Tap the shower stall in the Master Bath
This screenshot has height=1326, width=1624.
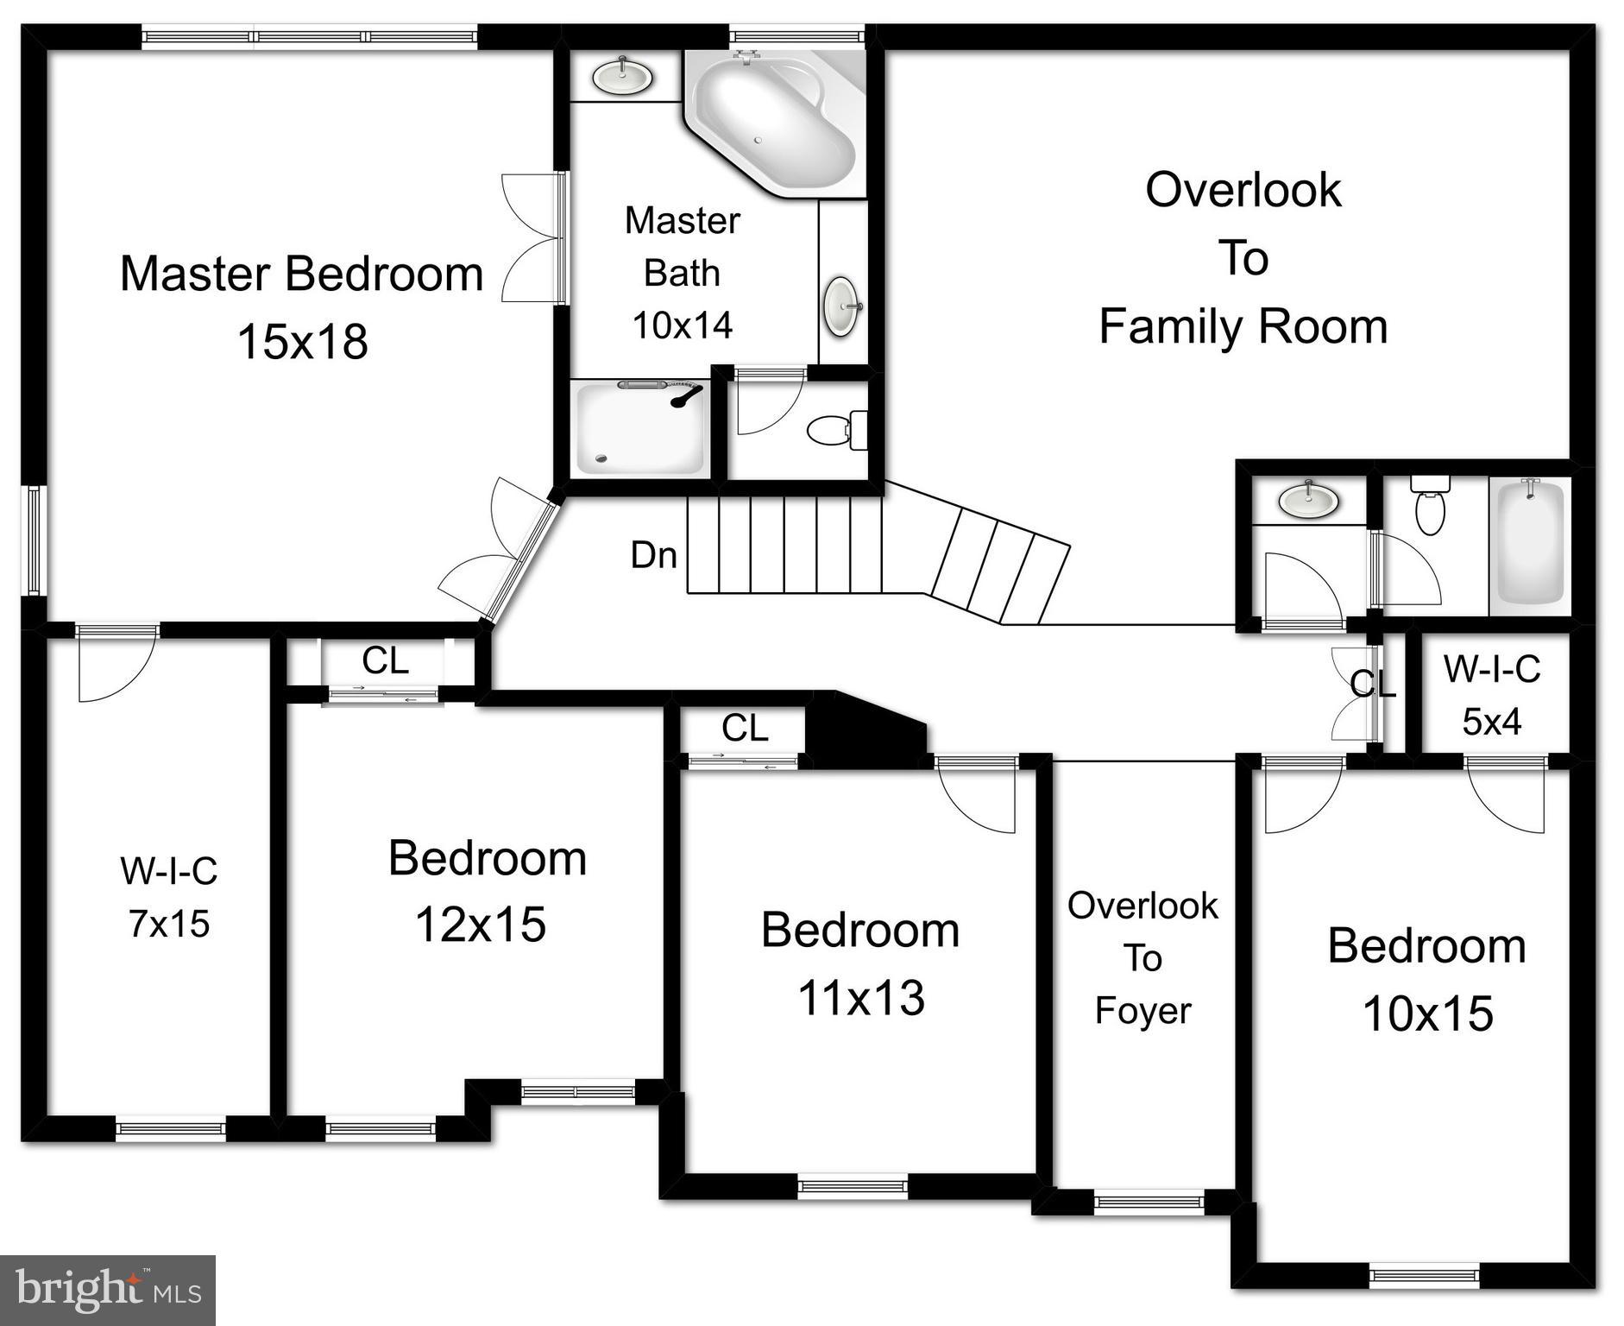point(639,429)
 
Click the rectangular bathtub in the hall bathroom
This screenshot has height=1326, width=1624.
point(1530,542)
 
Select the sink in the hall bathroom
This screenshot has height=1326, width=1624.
point(1308,499)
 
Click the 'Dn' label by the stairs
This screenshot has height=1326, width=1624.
point(653,555)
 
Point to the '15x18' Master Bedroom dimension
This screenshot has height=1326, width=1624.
point(302,341)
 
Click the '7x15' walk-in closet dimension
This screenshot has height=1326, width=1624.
point(169,924)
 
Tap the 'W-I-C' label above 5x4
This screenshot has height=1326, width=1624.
point(1492,669)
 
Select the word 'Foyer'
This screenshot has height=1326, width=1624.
point(1142,1010)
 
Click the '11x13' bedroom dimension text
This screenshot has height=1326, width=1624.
point(860,998)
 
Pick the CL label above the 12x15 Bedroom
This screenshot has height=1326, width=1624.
point(385,661)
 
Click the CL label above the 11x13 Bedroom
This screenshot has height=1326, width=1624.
point(744,729)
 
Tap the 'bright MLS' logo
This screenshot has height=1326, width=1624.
point(108,1290)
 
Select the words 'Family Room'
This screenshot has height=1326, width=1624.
point(1243,326)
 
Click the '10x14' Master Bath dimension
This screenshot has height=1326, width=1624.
point(682,325)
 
